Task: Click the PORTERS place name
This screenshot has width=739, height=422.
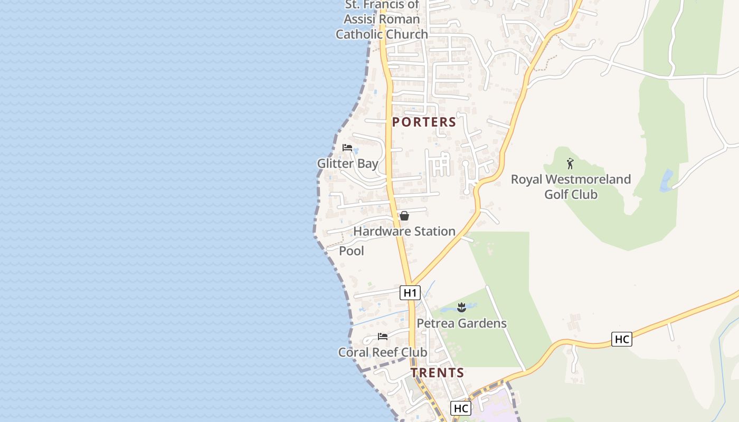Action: (424, 122)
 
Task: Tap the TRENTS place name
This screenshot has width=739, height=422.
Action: (438, 373)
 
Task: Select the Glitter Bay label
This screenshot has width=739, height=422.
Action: (347, 164)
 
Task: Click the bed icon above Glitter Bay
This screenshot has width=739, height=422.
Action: (347, 148)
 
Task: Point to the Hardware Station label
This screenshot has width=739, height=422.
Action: (404, 232)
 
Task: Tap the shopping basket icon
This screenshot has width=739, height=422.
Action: (404, 216)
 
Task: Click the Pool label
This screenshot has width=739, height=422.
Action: (352, 251)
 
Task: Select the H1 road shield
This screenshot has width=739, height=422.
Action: (410, 293)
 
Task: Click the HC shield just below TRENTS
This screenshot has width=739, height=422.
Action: (461, 408)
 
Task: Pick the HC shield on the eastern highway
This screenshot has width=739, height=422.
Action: (622, 339)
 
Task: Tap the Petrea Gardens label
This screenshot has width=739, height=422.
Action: (462, 323)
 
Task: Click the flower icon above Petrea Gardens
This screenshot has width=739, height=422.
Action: (462, 307)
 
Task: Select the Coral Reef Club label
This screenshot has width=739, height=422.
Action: (383, 352)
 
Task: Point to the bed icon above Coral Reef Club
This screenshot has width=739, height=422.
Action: (383, 337)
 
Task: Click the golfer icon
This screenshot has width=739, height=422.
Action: (570, 164)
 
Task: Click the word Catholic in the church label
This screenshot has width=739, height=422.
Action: (359, 34)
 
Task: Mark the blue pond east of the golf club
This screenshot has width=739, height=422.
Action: (667, 180)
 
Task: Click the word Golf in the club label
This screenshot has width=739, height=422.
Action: (556, 195)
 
